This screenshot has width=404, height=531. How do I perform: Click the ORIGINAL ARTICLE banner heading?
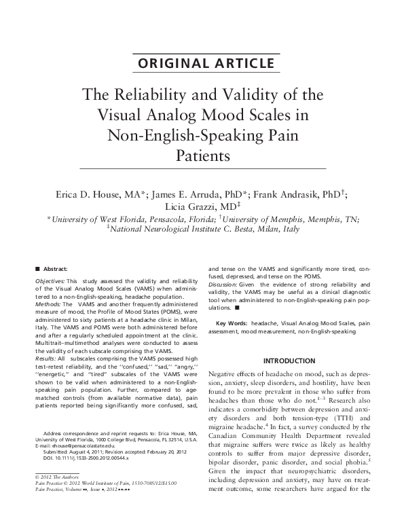pyautogui.click(x=202, y=65)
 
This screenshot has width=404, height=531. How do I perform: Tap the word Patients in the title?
pyautogui.click(x=203, y=154)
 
